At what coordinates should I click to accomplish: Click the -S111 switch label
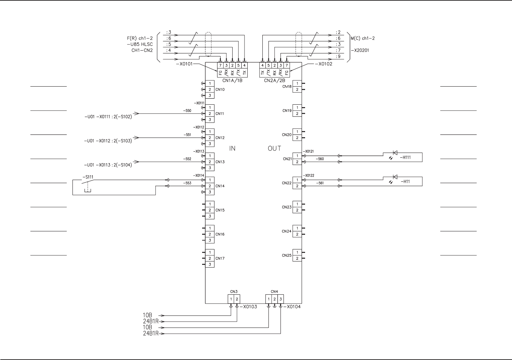[x=88, y=177]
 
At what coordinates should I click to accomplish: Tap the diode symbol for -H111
[x=395, y=153]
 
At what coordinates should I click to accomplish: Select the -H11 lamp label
[x=405, y=182]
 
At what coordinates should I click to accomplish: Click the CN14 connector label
[x=220, y=186]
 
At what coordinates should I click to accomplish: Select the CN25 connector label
[x=287, y=255]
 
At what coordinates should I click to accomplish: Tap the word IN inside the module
[x=232, y=149]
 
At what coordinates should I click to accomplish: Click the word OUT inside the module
[x=274, y=149]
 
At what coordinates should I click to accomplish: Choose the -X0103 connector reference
[x=249, y=307]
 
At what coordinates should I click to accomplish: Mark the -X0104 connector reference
[x=292, y=307]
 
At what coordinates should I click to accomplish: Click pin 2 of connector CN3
[x=237, y=299]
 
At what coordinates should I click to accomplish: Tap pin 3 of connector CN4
[x=280, y=299]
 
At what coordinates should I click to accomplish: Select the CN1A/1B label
[x=233, y=81]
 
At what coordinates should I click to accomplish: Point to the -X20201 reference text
[x=360, y=51]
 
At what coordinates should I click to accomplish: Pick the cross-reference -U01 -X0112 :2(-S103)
[x=108, y=141]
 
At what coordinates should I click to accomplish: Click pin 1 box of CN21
[x=297, y=156]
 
